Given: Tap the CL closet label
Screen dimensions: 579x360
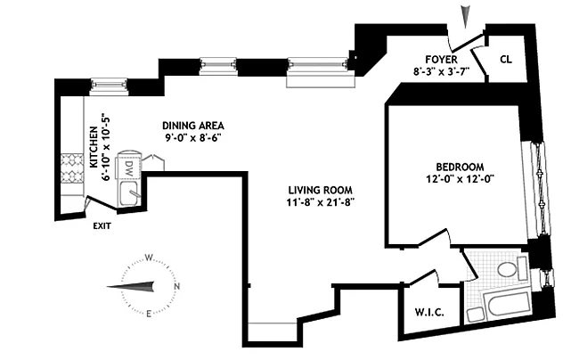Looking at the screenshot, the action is pyautogui.click(x=506, y=60).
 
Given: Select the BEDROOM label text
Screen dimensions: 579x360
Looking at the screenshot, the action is pyautogui.click(x=459, y=166).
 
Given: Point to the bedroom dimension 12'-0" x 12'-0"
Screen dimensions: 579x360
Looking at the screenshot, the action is pyautogui.click(x=459, y=178).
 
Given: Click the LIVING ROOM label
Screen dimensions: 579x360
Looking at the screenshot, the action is pyautogui.click(x=320, y=190).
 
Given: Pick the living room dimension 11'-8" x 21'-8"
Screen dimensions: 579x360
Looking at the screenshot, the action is pyautogui.click(x=320, y=202).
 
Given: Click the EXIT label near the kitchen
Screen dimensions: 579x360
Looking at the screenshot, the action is pyautogui.click(x=103, y=225).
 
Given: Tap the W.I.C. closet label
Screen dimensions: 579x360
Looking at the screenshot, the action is pyautogui.click(x=429, y=313).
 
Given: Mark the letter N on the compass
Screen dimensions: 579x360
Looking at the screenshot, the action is pyautogui.click(x=178, y=286).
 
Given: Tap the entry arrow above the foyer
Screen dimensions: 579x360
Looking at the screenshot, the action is pyautogui.click(x=463, y=15).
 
